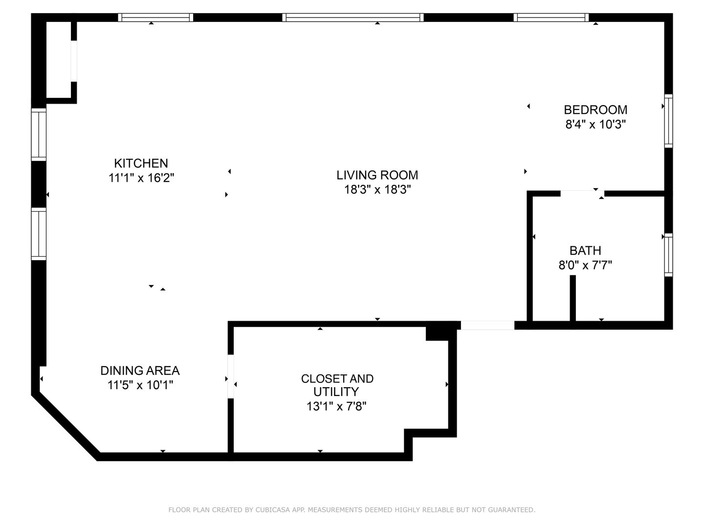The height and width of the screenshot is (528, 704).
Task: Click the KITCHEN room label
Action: click(141, 163)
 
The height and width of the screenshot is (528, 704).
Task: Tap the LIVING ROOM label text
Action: click(377, 175)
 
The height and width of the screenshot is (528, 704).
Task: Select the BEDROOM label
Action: click(595, 110)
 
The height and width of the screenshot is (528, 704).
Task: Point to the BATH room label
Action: click(585, 250)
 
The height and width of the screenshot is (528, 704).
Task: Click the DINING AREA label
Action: click(140, 371)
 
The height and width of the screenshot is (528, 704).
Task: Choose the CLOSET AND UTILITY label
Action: click(337, 385)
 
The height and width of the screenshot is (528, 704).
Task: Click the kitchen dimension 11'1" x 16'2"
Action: click(141, 177)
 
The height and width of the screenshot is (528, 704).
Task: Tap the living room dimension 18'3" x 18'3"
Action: click(377, 190)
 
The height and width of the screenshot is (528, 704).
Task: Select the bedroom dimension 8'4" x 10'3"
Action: click(595, 124)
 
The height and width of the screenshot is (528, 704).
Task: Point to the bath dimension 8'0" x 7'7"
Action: click(585, 265)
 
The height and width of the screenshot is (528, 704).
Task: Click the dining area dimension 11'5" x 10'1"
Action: click(140, 385)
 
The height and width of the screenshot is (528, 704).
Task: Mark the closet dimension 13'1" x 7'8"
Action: click(336, 406)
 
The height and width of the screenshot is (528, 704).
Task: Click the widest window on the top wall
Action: click(353, 17)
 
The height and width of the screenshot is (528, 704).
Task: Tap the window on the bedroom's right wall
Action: click(668, 121)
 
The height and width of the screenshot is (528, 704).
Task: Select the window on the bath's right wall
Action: click(668, 255)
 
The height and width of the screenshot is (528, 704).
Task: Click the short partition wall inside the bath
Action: click(572, 298)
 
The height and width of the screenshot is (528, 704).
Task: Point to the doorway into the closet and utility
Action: click(231, 376)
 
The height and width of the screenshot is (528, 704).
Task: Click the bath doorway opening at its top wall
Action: click(582, 193)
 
